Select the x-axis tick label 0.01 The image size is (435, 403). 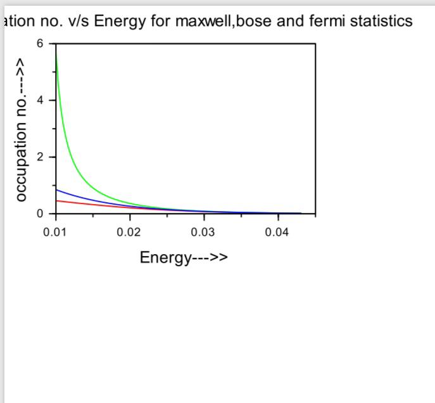pos(55,232)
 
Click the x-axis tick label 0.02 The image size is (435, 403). pos(129,232)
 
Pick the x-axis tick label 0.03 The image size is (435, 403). pos(203,232)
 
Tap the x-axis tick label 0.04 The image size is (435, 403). pos(277,232)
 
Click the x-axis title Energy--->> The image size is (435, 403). pos(184,257)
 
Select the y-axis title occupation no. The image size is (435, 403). pos(22,131)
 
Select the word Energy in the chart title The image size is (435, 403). pos(118,22)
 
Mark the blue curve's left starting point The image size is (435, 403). pos(56,189)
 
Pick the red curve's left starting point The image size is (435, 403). pos(56,200)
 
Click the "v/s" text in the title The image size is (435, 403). pos(78,22)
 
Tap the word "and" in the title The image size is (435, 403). pos(294,22)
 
